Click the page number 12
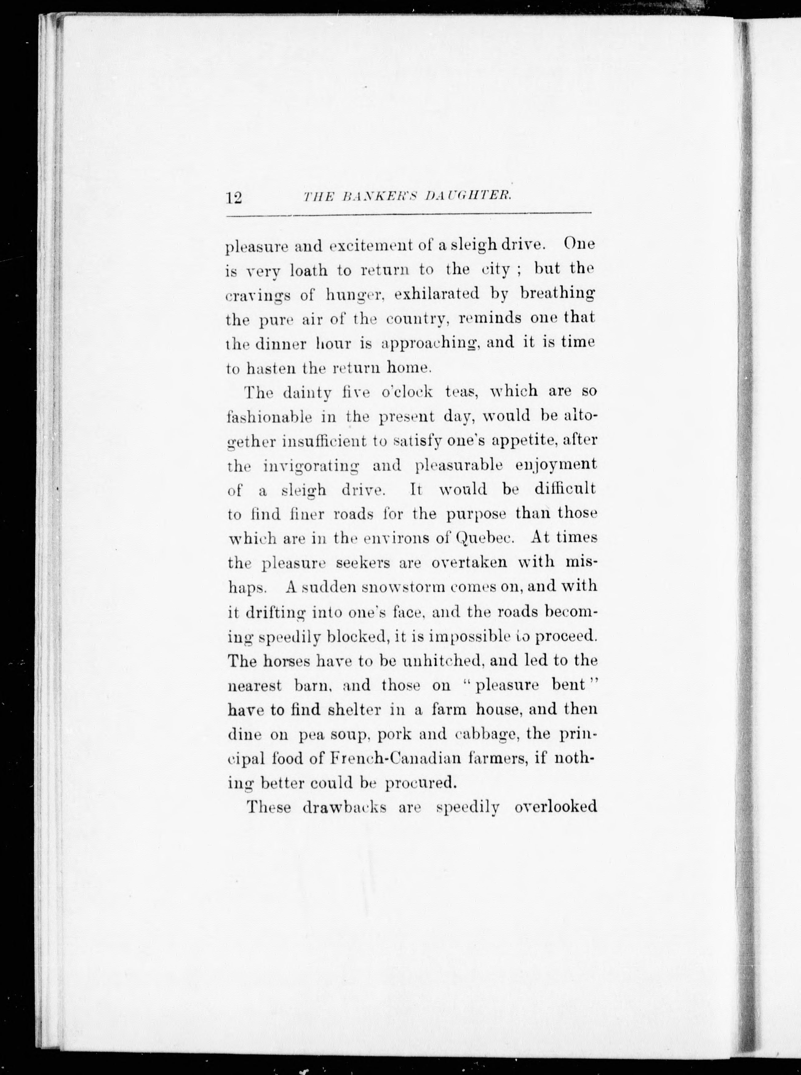click(x=234, y=198)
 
